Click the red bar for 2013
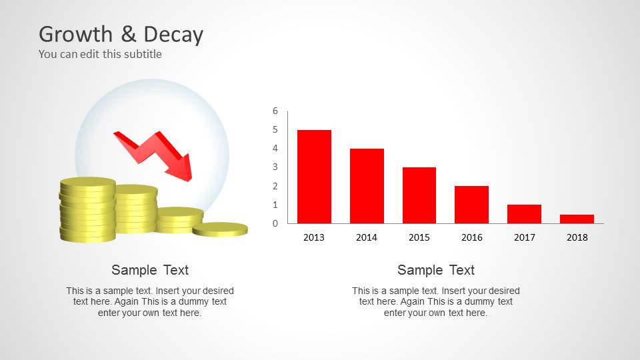(314, 177)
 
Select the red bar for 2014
(367, 186)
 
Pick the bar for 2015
(419, 195)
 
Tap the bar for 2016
(471, 205)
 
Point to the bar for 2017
(524, 214)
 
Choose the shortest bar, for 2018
(577, 219)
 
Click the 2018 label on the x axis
(577, 237)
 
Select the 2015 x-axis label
(419, 237)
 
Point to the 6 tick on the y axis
(275, 111)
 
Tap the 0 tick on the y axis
(275, 223)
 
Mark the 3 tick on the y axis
(275, 167)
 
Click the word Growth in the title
(74, 35)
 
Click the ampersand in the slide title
(127, 35)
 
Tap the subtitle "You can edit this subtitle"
(100, 54)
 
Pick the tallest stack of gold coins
(87, 209)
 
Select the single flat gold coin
(220, 229)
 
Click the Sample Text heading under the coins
(150, 270)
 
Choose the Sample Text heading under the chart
(436, 270)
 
